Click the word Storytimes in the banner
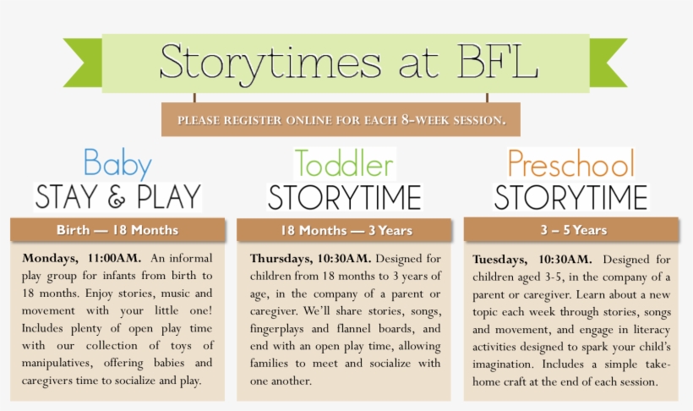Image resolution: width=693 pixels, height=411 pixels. [x=270, y=63]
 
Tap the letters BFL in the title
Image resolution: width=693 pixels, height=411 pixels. [x=498, y=61]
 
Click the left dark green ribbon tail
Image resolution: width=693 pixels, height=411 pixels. [x=83, y=63]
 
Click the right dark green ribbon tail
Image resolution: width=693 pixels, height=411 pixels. [x=608, y=63]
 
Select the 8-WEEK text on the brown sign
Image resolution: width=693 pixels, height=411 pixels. [x=425, y=119]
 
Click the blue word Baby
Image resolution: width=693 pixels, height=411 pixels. [x=117, y=164]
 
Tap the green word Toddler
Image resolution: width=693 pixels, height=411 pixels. [x=344, y=163]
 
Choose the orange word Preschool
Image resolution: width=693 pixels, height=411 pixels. [x=571, y=163]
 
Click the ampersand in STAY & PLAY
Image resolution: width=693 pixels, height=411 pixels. [x=117, y=198]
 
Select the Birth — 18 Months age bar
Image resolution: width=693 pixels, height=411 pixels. [x=117, y=230]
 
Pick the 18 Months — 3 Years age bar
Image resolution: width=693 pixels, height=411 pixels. [x=344, y=230]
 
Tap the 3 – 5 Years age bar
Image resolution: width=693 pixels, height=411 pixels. [x=571, y=230]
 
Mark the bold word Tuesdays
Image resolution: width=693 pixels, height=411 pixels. [x=499, y=260]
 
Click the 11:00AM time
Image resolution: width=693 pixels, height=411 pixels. [x=114, y=258]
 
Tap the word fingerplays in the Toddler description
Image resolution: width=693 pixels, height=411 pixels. [x=276, y=329]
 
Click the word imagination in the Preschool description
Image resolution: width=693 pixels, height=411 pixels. [x=503, y=365]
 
